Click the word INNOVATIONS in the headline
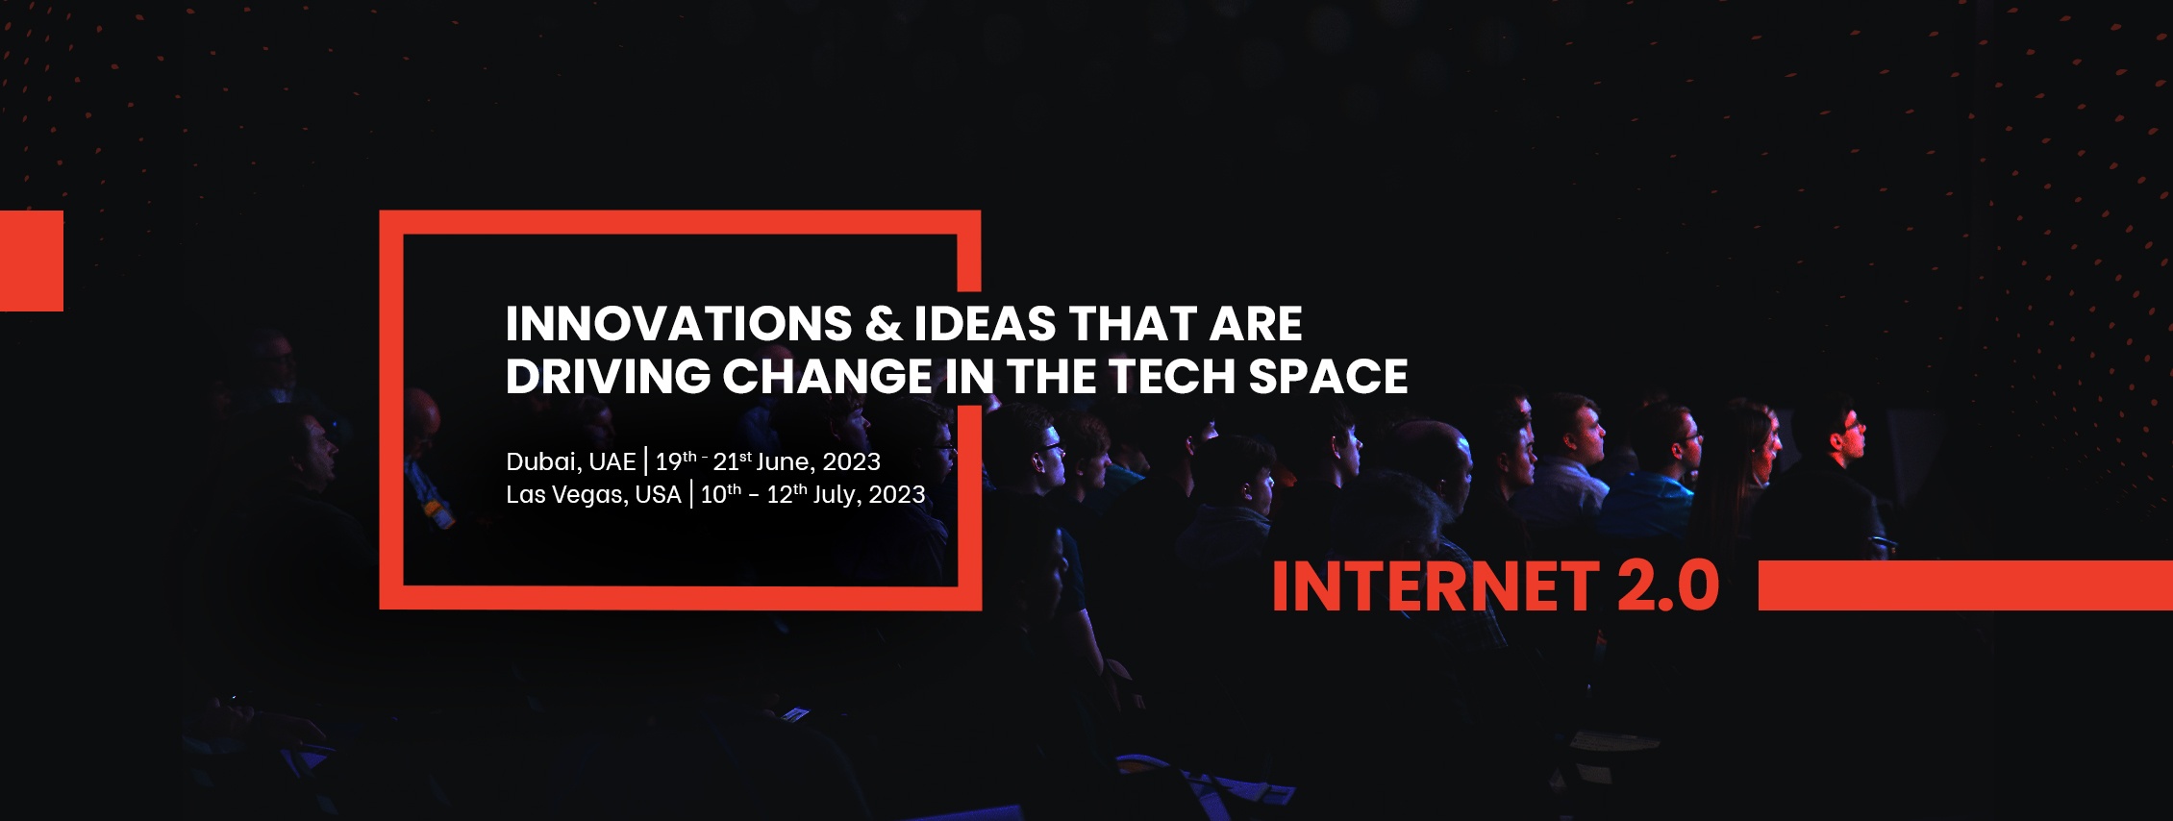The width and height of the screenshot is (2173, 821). click(679, 324)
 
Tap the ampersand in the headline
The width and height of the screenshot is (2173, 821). click(883, 324)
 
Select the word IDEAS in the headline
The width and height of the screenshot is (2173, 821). click(985, 324)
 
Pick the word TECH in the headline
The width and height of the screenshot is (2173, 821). click(1172, 376)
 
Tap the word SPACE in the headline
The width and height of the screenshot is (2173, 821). click(1328, 376)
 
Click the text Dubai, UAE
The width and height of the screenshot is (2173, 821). click(571, 462)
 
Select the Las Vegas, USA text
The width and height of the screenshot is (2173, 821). click(593, 495)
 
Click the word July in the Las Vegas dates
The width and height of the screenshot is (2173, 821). click(835, 496)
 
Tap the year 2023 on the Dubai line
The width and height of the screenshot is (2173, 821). click(852, 462)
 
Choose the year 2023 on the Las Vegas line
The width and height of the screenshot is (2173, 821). click(897, 495)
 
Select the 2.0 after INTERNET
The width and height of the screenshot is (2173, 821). click(1668, 586)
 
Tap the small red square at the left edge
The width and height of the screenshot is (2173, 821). click(32, 261)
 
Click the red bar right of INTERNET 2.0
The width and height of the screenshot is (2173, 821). click(1965, 585)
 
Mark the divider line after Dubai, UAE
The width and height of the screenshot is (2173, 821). click(646, 461)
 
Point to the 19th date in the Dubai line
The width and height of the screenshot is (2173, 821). click(676, 461)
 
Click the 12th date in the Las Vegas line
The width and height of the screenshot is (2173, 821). click(787, 494)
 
